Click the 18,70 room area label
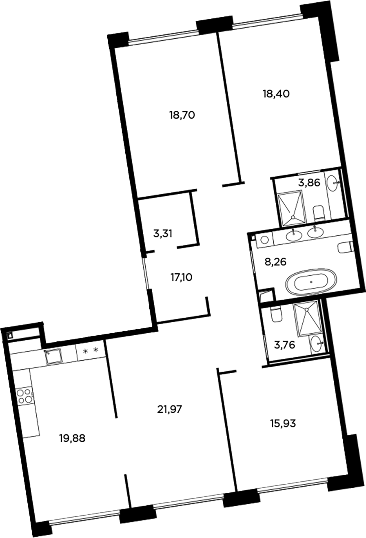pos(182,115)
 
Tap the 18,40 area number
pos(275,94)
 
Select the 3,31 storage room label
pos(163,234)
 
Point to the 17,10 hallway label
pos(181,278)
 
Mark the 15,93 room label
pos(282,423)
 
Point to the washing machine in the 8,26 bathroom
pos(264,240)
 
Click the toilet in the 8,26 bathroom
pos(345,247)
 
